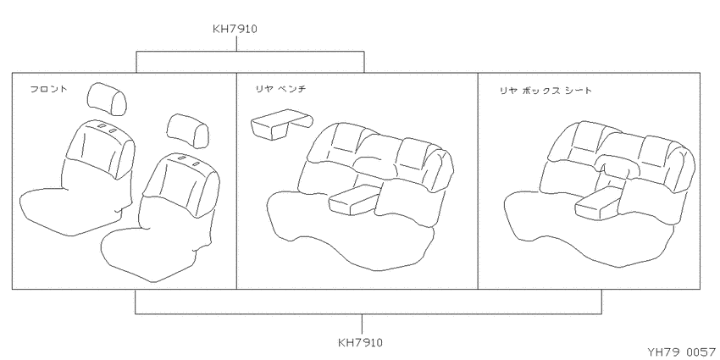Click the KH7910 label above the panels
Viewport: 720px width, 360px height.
[x=235, y=29]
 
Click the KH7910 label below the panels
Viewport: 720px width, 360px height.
[x=361, y=342]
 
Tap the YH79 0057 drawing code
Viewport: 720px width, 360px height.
[x=681, y=352]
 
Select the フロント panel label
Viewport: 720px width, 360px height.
[x=48, y=89]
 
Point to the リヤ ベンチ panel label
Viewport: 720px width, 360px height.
[x=280, y=90]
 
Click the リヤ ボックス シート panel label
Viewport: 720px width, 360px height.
[x=546, y=91]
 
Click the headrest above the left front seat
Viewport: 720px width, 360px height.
[x=106, y=98]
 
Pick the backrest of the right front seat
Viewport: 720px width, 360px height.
[x=181, y=185]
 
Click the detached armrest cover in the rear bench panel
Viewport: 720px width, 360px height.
[x=281, y=124]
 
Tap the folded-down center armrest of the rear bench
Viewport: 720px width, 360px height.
[x=353, y=200]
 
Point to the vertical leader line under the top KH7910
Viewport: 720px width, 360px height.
[x=236, y=44]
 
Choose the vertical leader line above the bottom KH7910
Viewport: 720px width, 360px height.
[x=362, y=324]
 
